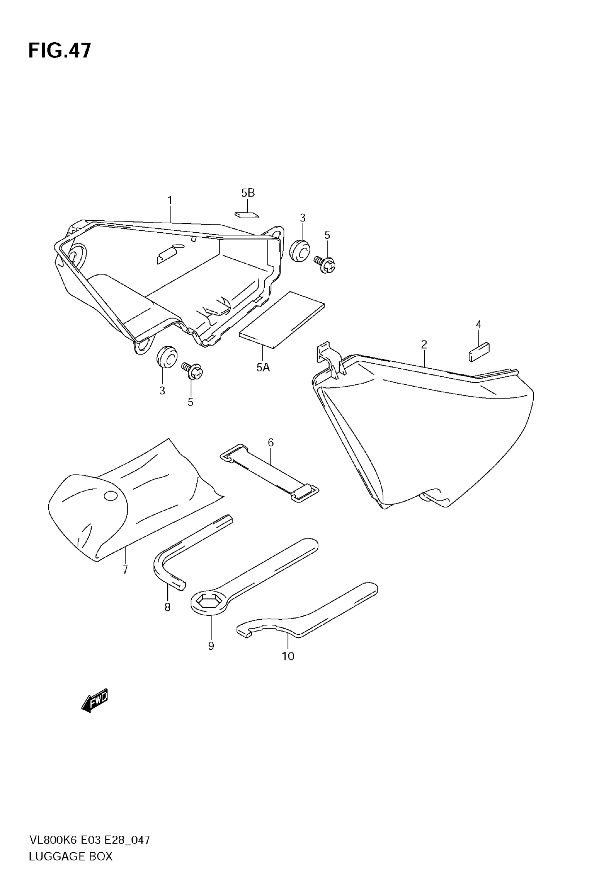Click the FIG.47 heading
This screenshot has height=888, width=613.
60,51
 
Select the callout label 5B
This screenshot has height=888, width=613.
248,193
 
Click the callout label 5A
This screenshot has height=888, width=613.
263,368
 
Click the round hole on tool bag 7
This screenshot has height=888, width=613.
110,496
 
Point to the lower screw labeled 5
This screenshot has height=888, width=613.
193,371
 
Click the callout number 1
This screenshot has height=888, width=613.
170,201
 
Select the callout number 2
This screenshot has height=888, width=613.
424,344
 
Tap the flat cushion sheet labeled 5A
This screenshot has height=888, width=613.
282,320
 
